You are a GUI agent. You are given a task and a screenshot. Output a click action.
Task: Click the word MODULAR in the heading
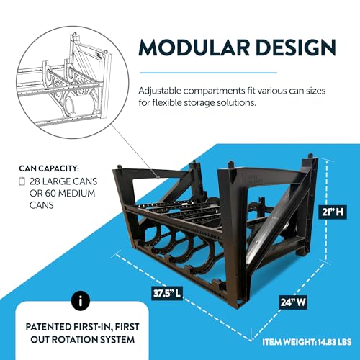coord(194,48)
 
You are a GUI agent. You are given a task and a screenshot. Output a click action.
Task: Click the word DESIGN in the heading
coord(296,48)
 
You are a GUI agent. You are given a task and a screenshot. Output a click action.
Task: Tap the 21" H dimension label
coord(333,212)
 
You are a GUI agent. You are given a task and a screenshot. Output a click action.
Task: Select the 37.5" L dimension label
coord(167,293)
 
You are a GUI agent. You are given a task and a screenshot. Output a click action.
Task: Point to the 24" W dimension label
coord(293,302)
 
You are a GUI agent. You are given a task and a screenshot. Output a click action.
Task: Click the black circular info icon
coord(81,301)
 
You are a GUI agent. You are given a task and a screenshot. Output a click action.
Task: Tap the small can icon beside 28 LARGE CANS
coord(22,181)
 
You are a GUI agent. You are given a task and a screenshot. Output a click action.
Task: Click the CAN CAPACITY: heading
coord(49,168)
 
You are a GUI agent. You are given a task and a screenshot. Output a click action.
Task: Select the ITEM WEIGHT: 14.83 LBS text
coord(307,342)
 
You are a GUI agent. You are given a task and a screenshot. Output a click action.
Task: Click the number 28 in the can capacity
coord(35,181)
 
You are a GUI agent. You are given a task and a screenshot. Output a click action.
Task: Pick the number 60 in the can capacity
coord(50,193)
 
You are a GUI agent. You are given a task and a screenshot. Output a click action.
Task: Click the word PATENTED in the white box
coord(48,327)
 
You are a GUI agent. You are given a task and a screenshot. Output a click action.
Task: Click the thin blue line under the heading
coord(208,73)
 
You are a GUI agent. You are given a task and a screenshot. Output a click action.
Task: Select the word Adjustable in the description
coord(160,91)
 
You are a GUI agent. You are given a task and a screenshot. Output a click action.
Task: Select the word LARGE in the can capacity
coord(56,181)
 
